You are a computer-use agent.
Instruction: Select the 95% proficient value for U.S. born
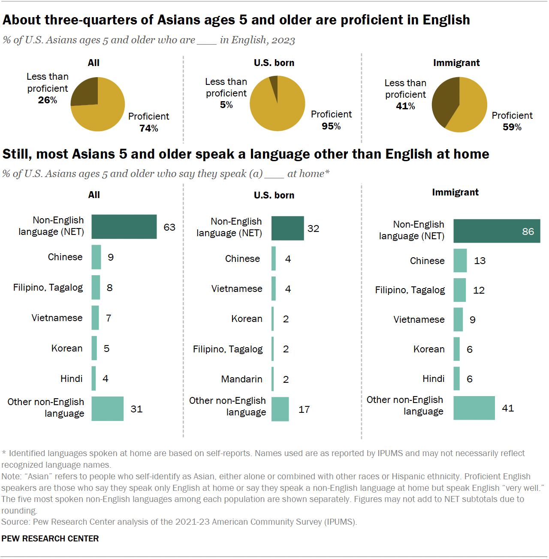331,126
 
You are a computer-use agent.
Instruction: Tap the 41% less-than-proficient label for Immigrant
405,106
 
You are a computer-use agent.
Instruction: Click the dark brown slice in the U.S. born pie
274,82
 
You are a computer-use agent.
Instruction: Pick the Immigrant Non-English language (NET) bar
497,231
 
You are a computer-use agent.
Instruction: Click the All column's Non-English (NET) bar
124,227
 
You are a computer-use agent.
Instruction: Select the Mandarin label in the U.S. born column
241,379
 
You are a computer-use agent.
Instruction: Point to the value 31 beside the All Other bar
136,409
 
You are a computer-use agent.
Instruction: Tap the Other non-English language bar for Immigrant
474,408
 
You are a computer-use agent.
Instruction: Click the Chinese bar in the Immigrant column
460,261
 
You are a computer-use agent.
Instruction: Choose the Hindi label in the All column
71,379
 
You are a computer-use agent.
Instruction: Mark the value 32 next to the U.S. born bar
313,228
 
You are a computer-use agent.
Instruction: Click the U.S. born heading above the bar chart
274,195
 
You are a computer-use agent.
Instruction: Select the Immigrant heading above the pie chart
456,63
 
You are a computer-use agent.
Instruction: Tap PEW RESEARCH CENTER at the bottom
50,538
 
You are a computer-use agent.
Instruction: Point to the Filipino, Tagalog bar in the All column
96,287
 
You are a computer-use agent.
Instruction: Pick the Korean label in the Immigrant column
428,349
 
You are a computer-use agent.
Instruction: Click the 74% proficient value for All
148,128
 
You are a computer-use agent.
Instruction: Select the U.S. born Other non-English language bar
280,409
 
